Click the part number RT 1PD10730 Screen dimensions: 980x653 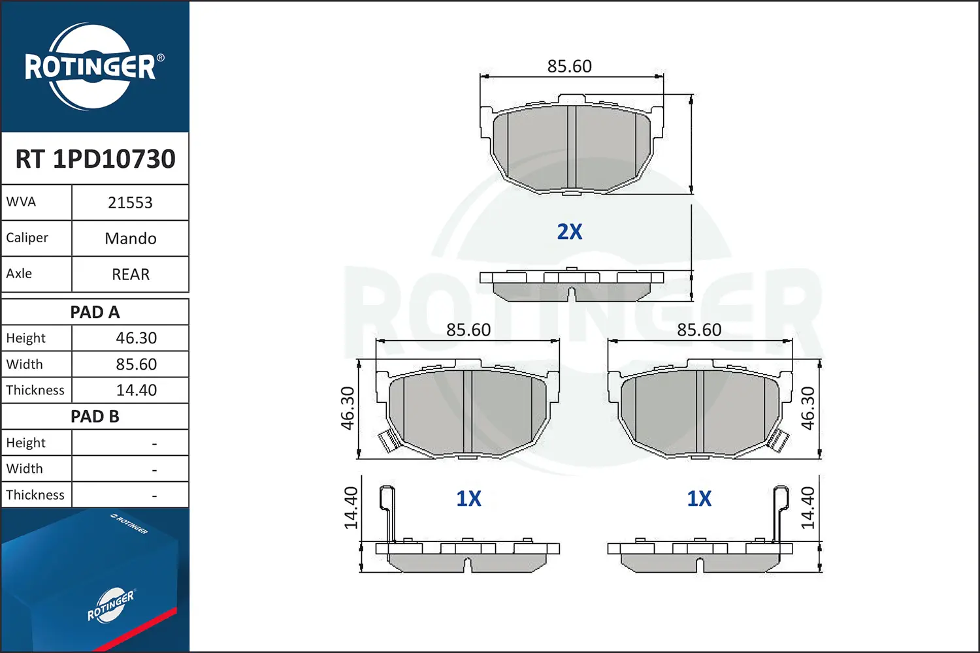(x=95, y=159)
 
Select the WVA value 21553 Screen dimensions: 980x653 (x=130, y=202)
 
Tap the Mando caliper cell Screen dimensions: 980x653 (x=131, y=238)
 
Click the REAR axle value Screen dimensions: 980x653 (x=131, y=274)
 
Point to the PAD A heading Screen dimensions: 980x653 (x=95, y=312)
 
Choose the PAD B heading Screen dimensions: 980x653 (x=95, y=417)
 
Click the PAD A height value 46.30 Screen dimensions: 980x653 (x=136, y=338)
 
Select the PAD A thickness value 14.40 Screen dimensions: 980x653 (x=136, y=390)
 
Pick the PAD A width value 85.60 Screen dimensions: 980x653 (x=136, y=364)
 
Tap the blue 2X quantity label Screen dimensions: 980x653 (x=569, y=232)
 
